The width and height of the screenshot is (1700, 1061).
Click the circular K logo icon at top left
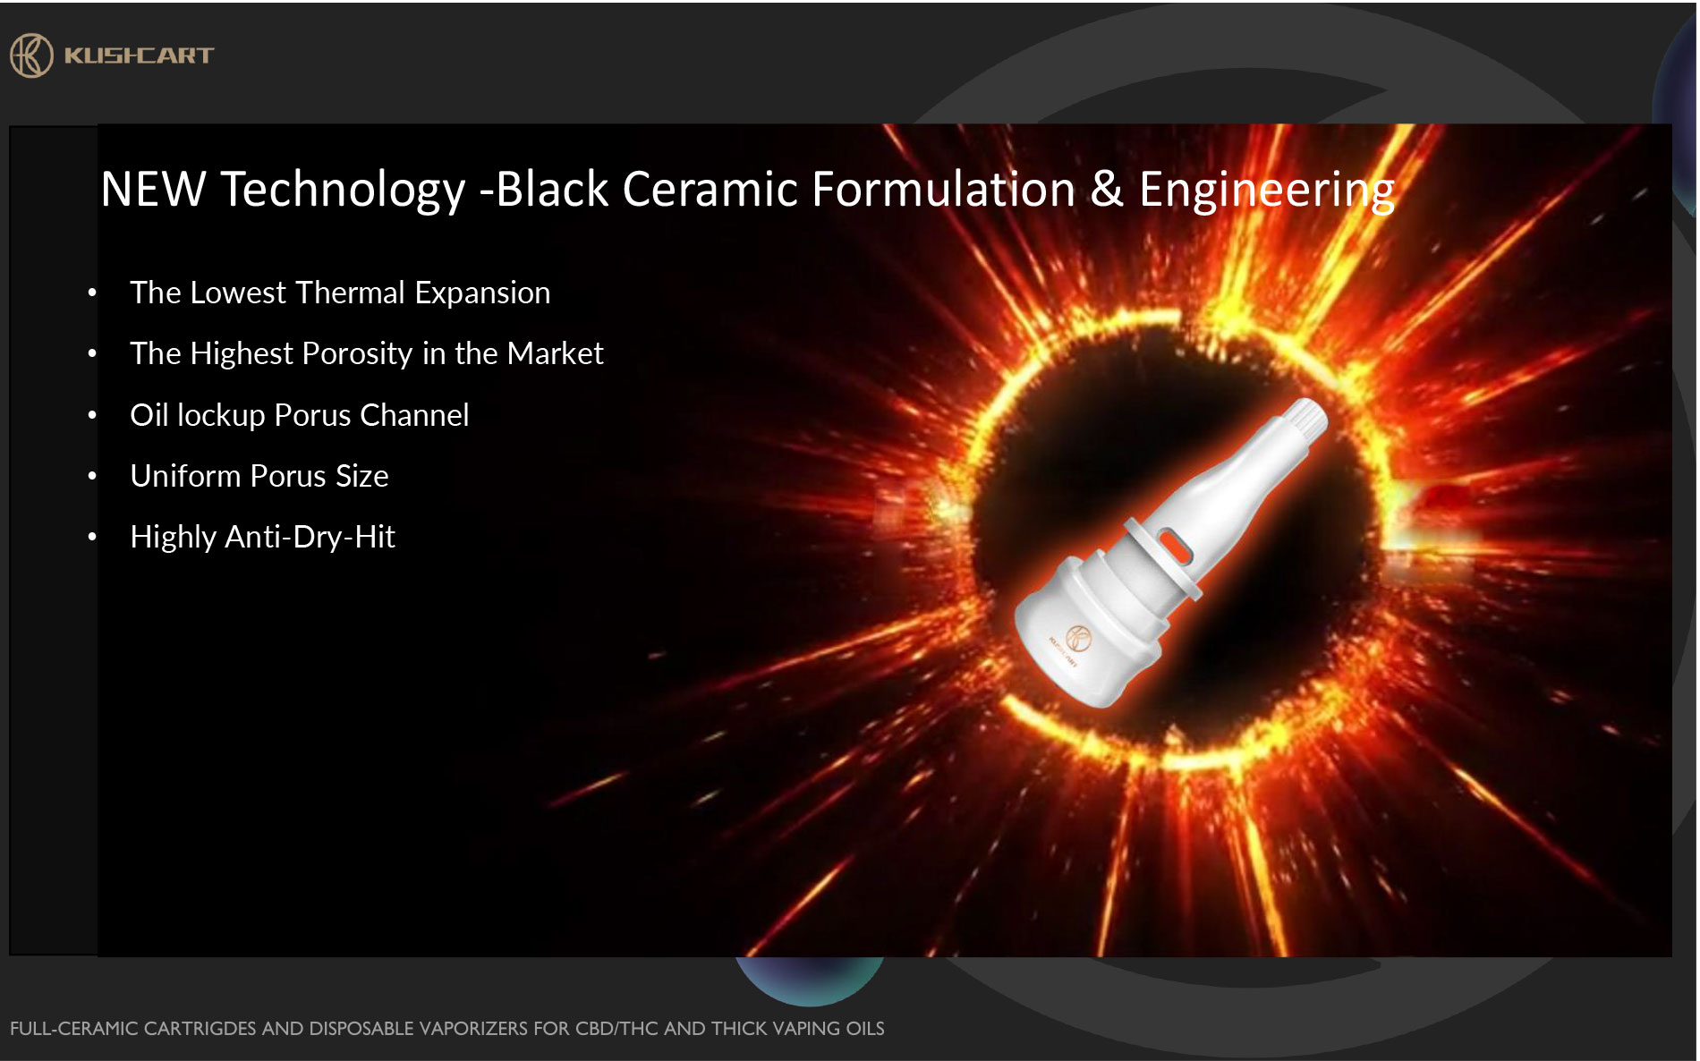coord(31,55)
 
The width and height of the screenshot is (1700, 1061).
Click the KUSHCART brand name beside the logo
coord(139,55)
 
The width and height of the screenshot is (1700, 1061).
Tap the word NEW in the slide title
coord(153,190)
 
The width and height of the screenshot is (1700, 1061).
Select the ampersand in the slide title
coord(1107,190)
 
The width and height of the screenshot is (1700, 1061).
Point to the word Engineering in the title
coord(1267,191)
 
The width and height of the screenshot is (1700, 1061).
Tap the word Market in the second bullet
coord(555,353)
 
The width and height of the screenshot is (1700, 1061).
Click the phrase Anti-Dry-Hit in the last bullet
coord(310,538)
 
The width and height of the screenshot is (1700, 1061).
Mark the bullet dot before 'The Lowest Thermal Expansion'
coord(92,293)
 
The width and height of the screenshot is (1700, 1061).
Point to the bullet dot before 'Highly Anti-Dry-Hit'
coord(92,538)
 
